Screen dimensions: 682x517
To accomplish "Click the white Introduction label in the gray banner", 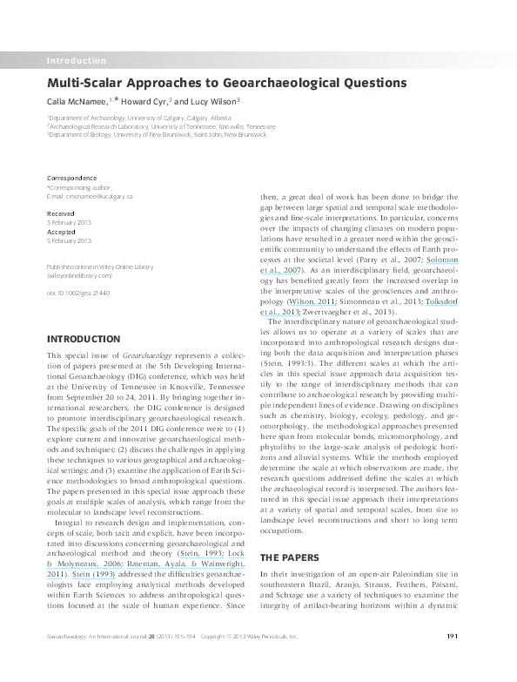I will (x=76, y=61).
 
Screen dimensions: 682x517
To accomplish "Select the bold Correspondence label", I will (x=70, y=177).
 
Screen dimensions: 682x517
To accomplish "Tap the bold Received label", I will (x=60, y=212).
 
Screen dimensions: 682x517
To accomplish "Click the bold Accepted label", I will (x=61, y=232).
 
